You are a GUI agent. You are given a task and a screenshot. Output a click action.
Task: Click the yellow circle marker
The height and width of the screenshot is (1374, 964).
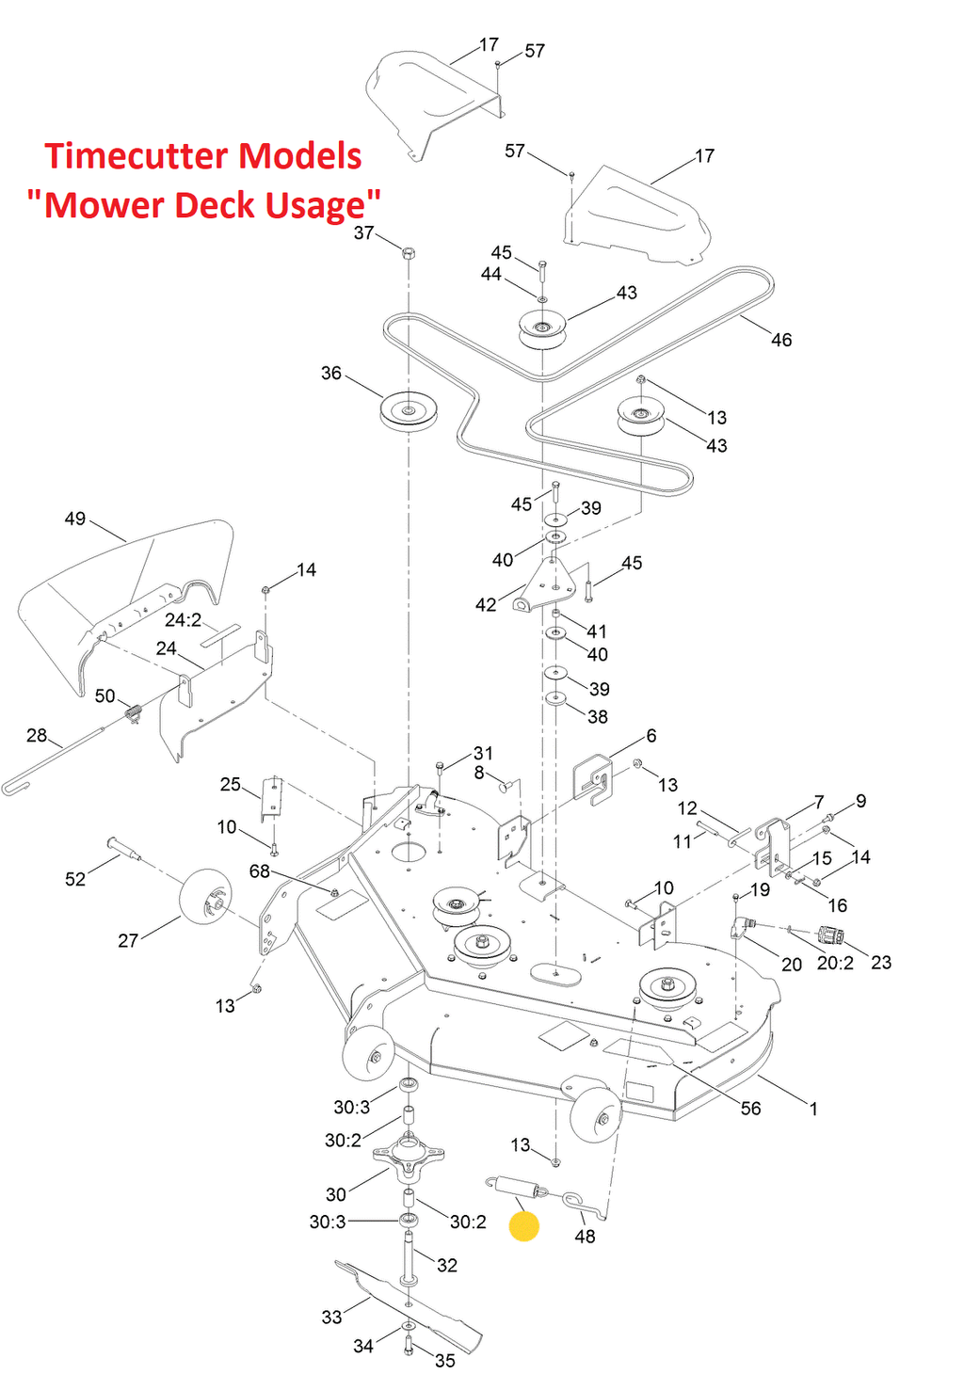[523, 1226]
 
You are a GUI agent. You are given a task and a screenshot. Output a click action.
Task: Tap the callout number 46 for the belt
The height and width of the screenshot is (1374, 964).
[781, 340]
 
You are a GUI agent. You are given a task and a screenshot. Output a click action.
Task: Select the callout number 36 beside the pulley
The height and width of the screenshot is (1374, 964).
[331, 374]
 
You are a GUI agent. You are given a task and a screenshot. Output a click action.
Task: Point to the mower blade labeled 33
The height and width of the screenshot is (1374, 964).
[405, 1294]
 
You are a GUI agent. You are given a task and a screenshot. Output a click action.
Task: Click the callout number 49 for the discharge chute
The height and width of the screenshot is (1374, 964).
[75, 519]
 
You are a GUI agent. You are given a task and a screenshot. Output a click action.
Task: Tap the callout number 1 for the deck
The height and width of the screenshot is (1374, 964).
[813, 1109]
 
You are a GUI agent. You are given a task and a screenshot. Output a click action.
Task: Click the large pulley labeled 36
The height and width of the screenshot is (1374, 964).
[409, 411]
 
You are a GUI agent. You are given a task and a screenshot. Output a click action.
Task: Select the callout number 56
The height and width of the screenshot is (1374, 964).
[750, 1109]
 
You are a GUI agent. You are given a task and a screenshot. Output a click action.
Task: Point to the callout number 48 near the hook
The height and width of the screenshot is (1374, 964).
[585, 1237]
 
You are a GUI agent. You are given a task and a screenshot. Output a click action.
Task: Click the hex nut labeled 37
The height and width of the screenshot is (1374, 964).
[409, 253]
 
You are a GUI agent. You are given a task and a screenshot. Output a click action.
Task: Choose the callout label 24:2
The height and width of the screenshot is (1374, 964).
[183, 620]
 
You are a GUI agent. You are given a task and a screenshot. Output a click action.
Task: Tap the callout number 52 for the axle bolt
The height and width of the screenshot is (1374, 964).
[75, 879]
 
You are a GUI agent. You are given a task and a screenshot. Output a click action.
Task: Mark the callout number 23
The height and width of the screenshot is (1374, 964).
[881, 963]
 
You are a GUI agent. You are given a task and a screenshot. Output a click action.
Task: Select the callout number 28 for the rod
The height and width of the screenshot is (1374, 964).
[37, 735]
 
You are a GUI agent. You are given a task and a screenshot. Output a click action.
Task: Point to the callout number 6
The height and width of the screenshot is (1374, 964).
[651, 736]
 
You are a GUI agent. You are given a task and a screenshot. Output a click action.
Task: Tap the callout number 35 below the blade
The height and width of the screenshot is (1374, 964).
[445, 1361]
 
